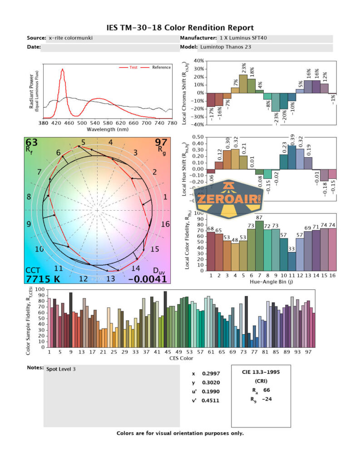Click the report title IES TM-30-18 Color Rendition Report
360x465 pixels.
click(x=180, y=28)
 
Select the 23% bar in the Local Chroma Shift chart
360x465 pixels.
click(x=243, y=84)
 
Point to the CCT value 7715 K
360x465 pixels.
click(x=44, y=279)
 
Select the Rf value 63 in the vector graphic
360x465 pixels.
click(x=32, y=143)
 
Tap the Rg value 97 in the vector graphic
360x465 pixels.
click(x=161, y=143)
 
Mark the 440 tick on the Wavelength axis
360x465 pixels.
click(x=198, y=123)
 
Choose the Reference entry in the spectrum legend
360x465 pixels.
click(x=162, y=67)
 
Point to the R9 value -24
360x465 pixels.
click(x=268, y=399)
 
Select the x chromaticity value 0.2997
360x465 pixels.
click(x=209, y=374)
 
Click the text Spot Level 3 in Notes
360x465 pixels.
click(x=61, y=369)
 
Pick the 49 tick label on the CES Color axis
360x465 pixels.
click(x=179, y=352)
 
